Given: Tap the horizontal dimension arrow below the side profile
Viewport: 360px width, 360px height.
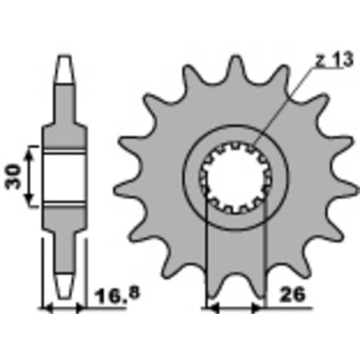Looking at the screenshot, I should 62,307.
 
